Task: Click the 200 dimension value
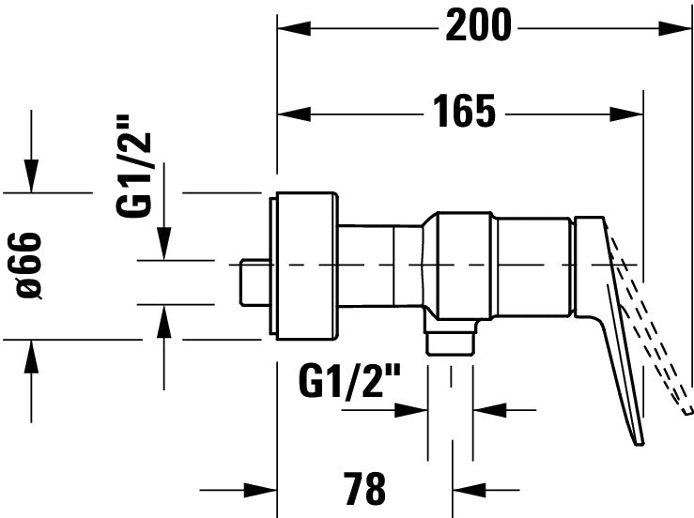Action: [x=478, y=27]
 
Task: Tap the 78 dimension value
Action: [x=363, y=489]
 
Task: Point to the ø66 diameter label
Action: [x=30, y=267]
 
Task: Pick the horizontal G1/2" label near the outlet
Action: [x=349, y=382]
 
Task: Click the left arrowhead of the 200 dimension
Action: [x=291, y=28]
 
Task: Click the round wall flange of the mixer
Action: [x=303, y=267]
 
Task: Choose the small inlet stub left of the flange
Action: [x=253, y=282]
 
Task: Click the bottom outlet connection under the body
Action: [x=449, y=338]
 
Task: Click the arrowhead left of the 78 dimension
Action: [x=260, y=489]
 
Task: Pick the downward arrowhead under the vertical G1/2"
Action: [x=164, y=246]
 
